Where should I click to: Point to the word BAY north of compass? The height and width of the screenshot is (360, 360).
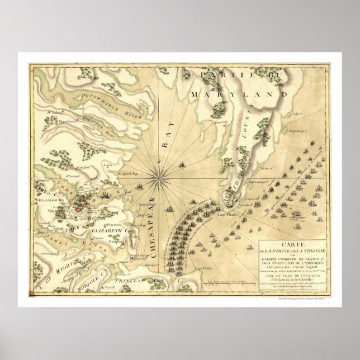tap(165, 136)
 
